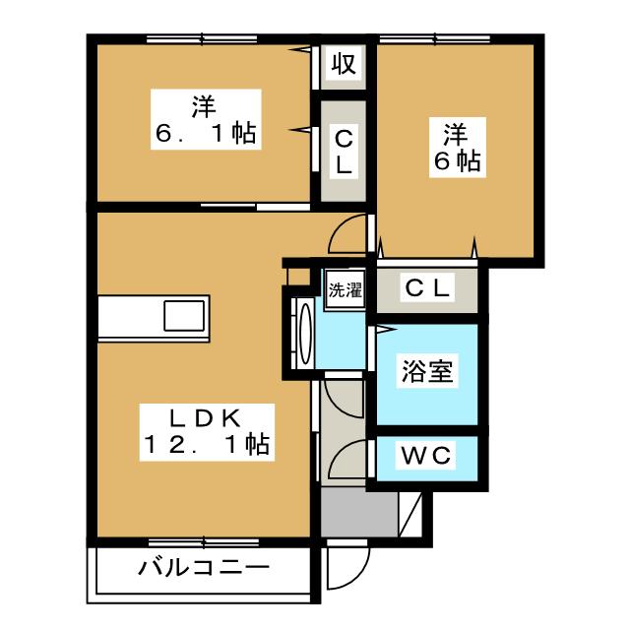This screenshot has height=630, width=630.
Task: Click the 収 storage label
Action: [343, 66]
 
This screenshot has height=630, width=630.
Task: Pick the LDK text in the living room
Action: [204, 416]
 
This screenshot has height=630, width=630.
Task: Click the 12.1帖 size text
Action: [204, 445]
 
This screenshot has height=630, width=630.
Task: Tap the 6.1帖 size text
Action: [204, 134]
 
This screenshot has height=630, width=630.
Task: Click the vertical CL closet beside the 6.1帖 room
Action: [343, 151]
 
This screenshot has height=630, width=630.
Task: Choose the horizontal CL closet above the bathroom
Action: [428, 288]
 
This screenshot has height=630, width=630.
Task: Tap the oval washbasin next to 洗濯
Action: [303, 335]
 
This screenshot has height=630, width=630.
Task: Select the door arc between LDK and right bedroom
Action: [349, 234]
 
